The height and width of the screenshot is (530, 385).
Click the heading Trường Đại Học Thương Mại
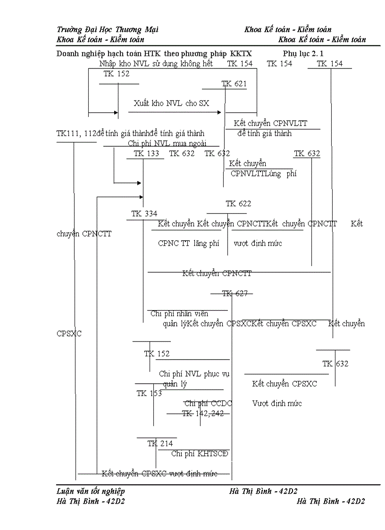click(x=108, y=29)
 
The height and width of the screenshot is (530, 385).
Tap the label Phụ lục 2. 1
click(x=303, y=53)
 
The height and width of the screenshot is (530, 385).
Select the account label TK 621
click(x=234, y=84)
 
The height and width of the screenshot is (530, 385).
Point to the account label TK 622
click(x=238, y=204)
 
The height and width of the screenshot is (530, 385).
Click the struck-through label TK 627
click(x=234, y=294)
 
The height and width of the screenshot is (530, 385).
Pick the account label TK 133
click(x=146, y=153)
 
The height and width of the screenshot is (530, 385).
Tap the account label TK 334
click(x=144, y=214)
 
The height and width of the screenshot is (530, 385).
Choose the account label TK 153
click(x=149, y=394)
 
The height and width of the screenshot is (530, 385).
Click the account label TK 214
click(x=160, y=444)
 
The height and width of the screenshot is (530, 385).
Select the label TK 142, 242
click(x=203, y=413)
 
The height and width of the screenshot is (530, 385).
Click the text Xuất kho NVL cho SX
click(x=171, y=103)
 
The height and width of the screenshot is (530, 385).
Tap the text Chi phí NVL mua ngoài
click(x=167, y=143)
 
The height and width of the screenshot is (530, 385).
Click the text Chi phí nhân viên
click(x=179, y=313)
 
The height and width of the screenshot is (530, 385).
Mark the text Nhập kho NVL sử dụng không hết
click(x=156, y=63)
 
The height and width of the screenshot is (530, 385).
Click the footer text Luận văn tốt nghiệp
click(x=91, y=491)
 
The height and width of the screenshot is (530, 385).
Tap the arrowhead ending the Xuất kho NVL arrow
click(x=219, y=112)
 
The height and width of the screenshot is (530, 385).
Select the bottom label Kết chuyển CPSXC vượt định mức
click(x=159, y=473)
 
